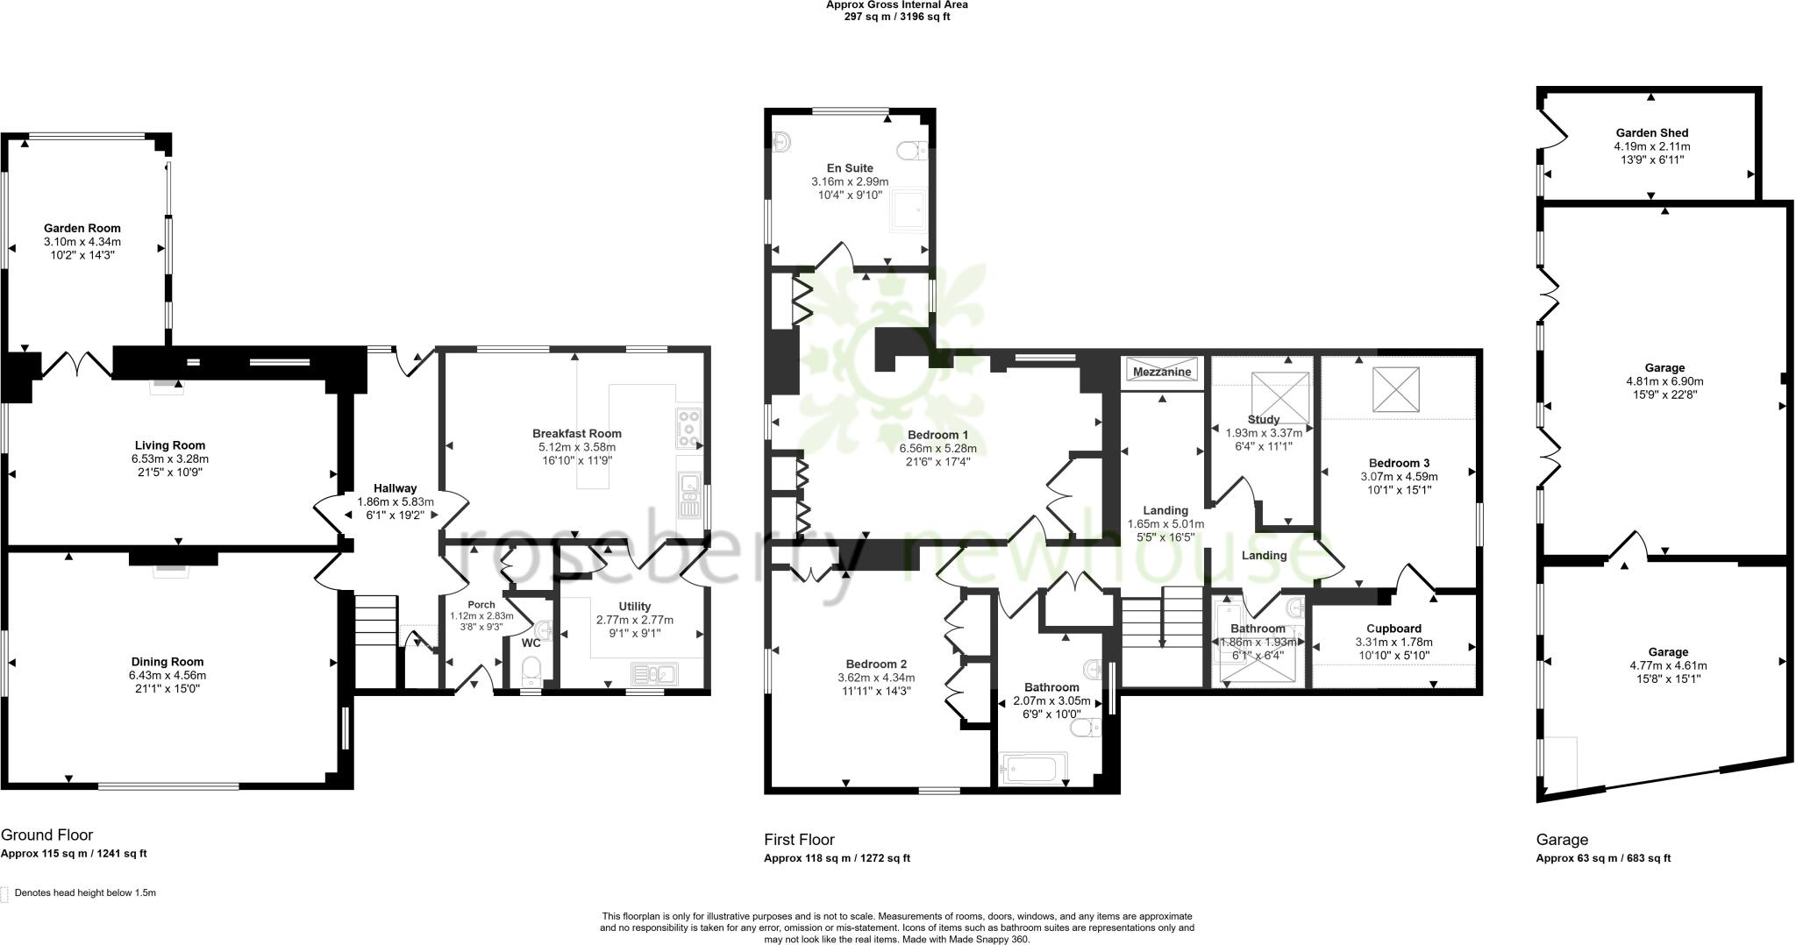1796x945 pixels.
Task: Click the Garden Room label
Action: click(x=82, y=228)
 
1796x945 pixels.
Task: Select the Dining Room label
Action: click(x=167, y=662)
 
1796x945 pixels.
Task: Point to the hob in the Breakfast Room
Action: click(x=689, y=430)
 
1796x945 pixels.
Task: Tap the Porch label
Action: click(x=481, y=605)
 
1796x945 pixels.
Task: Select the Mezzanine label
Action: click(x=1162, y=372)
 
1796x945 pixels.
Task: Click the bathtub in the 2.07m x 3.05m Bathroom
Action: click(x=1036, y=769)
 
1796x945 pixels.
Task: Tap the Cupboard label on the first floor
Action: click(x=1393, y=629)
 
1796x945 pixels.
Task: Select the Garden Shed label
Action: click(x=1651, y=133)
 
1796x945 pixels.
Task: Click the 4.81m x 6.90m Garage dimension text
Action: click(x=1664, y=381)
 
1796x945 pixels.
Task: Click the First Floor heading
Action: click(x=799, y=839)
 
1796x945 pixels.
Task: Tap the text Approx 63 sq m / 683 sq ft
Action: click(x=1603, y=858)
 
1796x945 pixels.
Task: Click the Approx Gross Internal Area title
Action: click(x=896, y=4)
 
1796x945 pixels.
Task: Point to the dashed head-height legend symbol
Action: click(x=4, y=893)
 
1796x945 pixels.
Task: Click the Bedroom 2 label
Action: click(x=876, y=664)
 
